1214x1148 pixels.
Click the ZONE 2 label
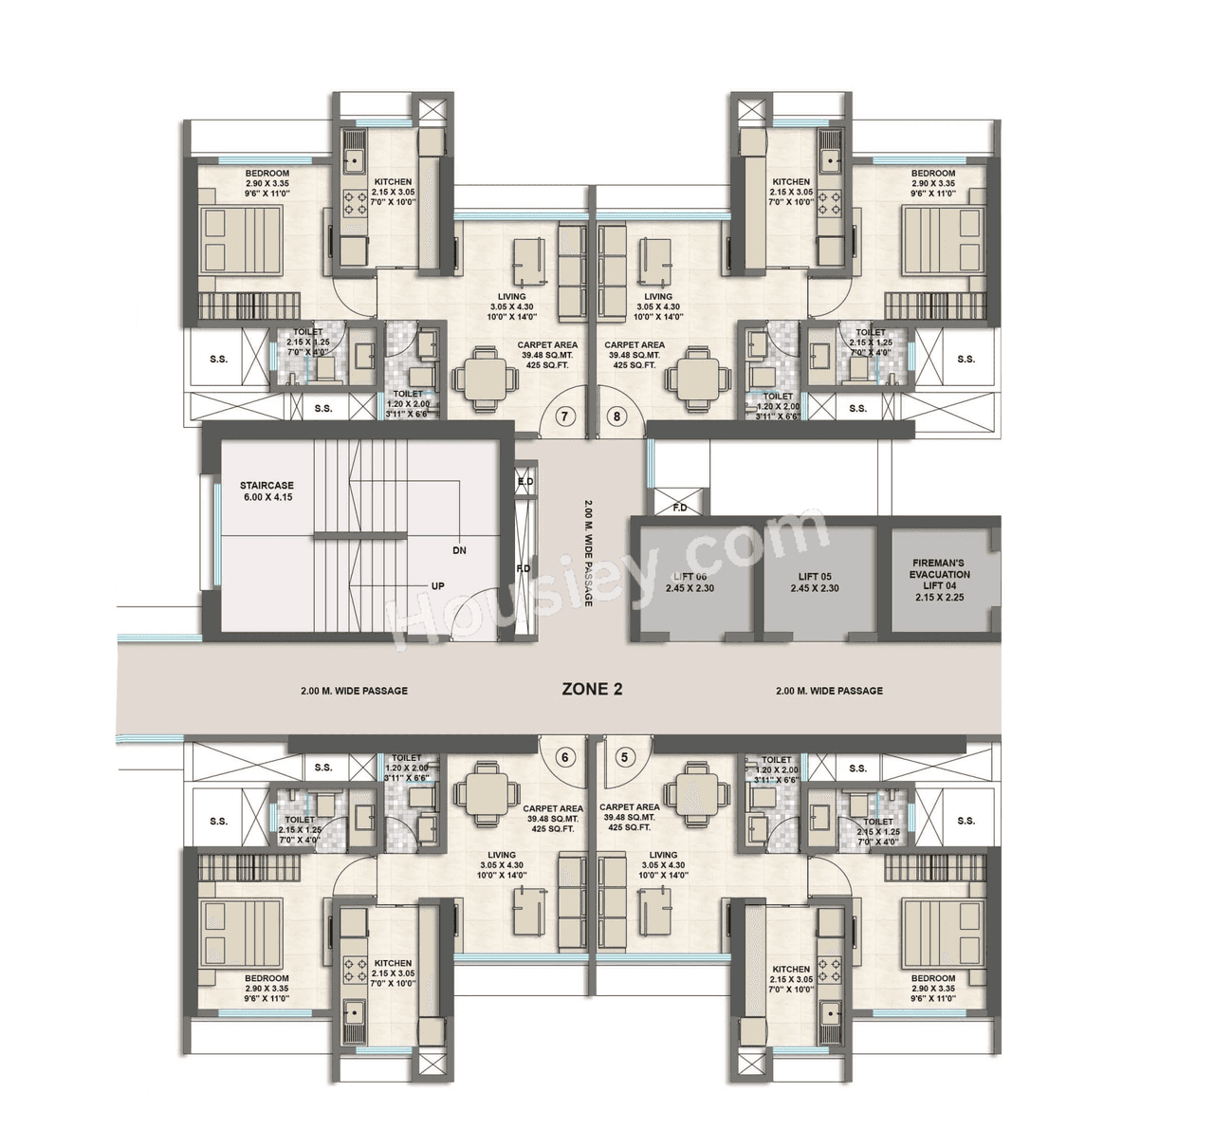click(592, 690)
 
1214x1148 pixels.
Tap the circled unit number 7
click(565, 416)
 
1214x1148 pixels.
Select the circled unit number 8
click(618, 416)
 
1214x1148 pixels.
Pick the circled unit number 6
click(565, 757)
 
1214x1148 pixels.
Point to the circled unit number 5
click(623, 757)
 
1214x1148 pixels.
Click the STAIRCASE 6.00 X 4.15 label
click(267, 491)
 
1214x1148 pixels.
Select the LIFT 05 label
click(814, 583)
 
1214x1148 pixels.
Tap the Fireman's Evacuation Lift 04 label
click(940, 580)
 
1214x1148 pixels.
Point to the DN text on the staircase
click(459, 549)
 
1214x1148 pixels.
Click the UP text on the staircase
click(437, 586)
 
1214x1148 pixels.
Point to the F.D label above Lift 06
click(679, 507)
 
